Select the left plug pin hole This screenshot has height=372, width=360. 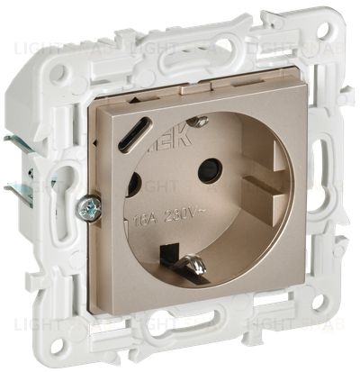click(133, 185)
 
